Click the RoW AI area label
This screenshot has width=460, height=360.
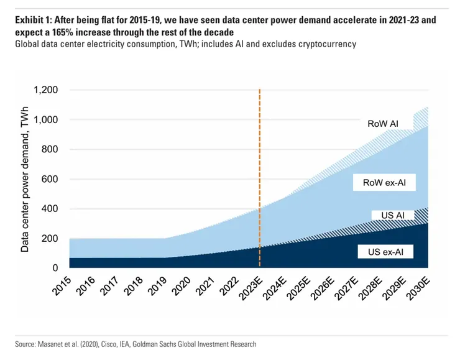pyautogui.click(x=384, y=124)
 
